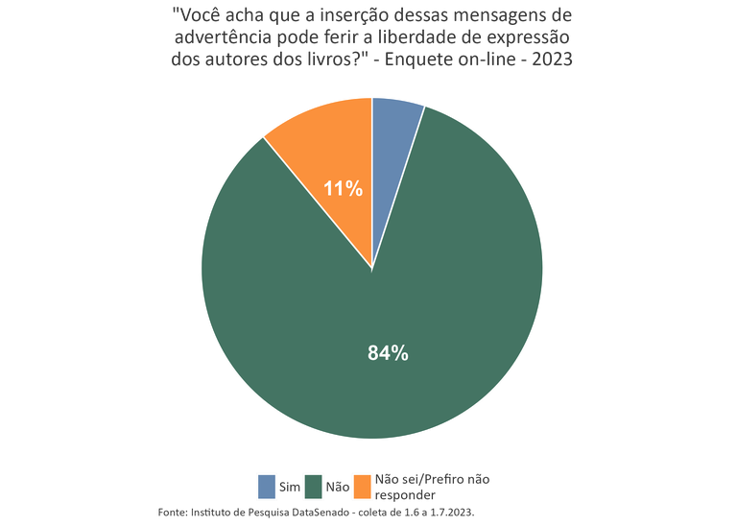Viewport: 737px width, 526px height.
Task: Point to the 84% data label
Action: pos(388,353)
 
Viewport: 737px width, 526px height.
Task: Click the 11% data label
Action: pos(343,189)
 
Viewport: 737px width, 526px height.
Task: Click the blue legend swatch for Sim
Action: pos(267,487)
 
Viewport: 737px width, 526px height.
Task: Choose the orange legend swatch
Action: pos(362,487)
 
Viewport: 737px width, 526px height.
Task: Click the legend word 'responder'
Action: pos(406,495)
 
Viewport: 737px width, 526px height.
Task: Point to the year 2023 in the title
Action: pos(553,59)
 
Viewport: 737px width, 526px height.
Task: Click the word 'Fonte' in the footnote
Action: pos(174,513)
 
